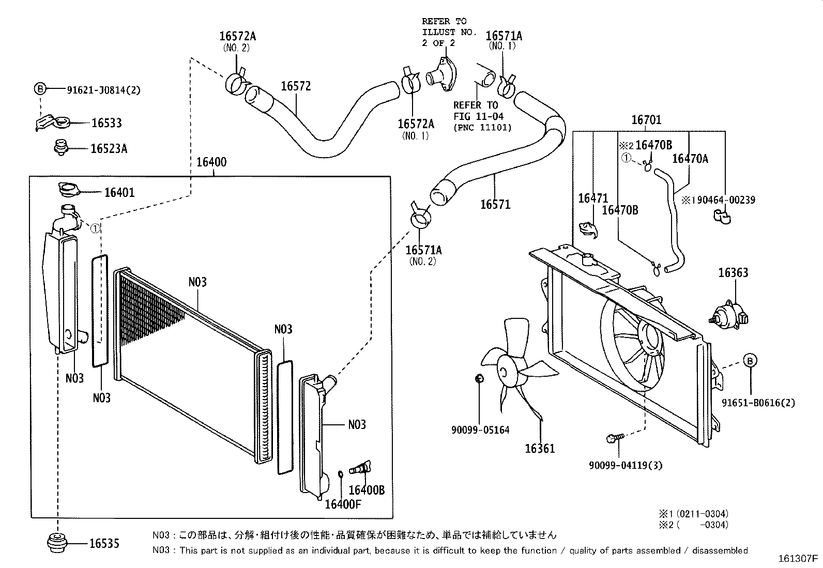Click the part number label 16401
(x=120, y=192)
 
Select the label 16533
(x=106, y=122)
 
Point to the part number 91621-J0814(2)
(x=103, y=90)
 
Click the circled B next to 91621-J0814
(x=40, y=88)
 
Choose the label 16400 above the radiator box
(x=211, y=162)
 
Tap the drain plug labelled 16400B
(x=360, y=468)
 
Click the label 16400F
(x=343, y=504)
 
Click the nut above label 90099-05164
(x=479, y=378)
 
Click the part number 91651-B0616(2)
(x=758, y=403)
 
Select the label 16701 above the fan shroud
(x=646, y=120)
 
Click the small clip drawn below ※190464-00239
(x=722, y=217)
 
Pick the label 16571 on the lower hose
(x=496, y=205)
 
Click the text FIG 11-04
(x=478, y=116)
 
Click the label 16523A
(x=109, y=148)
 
